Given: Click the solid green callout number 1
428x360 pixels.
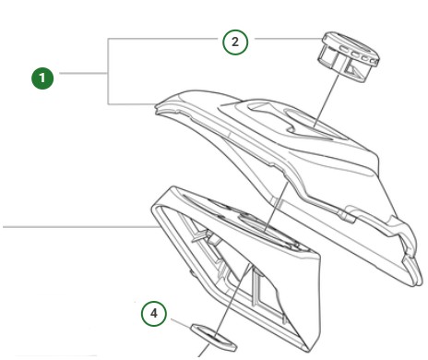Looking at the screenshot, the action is [42, 78].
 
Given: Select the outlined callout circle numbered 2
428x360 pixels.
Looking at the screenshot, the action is [235, 42].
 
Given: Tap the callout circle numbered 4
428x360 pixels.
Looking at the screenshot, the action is [154, 314].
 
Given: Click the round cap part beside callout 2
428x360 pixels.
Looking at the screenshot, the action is [351, 57].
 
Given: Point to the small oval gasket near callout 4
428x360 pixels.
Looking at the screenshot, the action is [214, 337].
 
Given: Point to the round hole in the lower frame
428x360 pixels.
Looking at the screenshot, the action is [265, 229].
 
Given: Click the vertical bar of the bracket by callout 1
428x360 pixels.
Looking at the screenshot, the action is [108, 71].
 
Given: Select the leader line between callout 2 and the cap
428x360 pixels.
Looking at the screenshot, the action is [289, 39].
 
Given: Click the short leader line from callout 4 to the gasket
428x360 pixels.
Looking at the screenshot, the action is [181, 324].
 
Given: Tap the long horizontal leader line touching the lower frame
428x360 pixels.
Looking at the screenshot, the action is [80, 227].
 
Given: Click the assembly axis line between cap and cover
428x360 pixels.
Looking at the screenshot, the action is [327, 101].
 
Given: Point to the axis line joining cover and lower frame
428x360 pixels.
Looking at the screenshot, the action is [276, 206].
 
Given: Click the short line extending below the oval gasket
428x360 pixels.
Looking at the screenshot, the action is [204, 351].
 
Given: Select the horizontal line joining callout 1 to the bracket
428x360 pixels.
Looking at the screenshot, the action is [83, 73].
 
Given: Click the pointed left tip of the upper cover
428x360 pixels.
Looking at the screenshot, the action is [156, 108].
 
